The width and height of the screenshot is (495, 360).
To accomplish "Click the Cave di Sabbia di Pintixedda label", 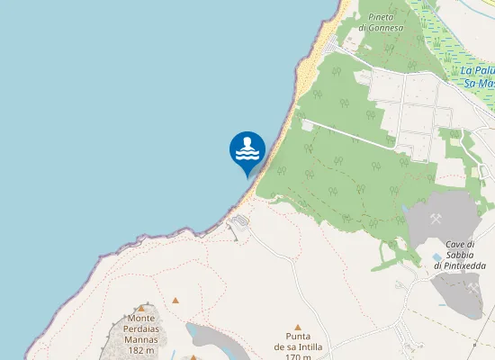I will (x=459, y=255).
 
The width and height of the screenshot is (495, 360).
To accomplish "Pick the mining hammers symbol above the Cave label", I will (x=436, y=219).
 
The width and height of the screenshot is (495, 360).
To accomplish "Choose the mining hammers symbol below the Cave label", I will (x=472, y=288).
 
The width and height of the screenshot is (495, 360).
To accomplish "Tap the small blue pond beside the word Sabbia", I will (x=437, y=256).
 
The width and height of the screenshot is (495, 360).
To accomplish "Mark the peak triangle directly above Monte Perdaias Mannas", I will (x=141, y=308).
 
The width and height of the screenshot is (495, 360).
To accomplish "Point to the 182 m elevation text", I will (x=141, y=349).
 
